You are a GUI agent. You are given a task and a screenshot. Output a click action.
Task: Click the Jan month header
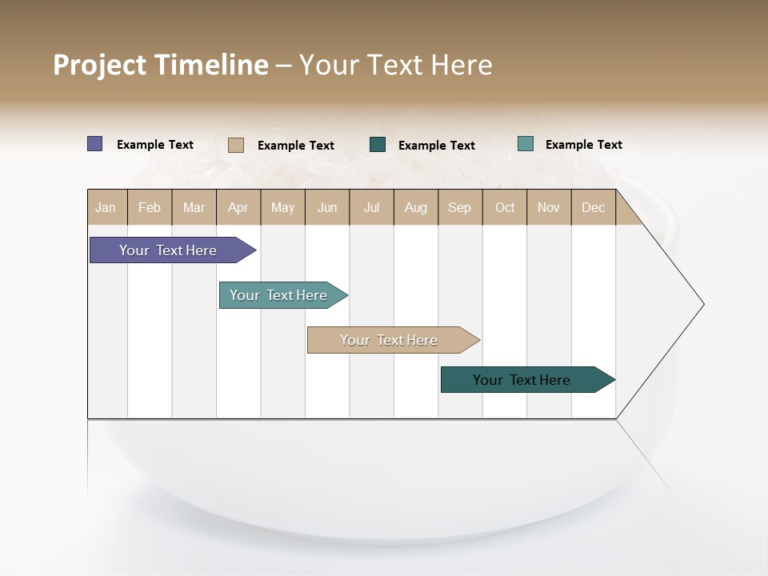tap(106, 207)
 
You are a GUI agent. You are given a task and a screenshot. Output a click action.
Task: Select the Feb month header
tap(150, 207)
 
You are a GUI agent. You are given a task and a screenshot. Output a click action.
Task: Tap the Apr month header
tap(238, 207)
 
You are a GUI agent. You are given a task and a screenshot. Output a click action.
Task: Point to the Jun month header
tap(327, 207)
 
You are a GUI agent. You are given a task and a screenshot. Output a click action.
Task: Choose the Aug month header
tap(415, 207)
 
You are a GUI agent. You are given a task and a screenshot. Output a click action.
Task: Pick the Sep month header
tap(459, 207)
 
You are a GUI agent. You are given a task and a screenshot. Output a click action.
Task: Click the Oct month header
tap(505, 207)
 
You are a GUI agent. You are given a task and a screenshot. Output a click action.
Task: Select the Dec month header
tap(593, 207)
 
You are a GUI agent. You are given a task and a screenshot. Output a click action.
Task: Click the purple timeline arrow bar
tap(168, 250)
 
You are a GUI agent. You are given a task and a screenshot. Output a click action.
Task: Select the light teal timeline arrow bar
tap(278, 295)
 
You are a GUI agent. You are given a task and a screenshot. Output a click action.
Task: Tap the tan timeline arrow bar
tap(389, 340)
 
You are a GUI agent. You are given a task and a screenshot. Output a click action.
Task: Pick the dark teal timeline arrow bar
tap(522, 380)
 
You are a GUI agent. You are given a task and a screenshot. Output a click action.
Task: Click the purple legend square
tap(95, 144)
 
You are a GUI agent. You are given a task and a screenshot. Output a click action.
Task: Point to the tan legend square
tap(235, 145)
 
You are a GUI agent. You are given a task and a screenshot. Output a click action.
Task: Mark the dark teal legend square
tap(378, 145)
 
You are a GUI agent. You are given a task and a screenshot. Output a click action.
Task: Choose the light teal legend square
tap(526, 144)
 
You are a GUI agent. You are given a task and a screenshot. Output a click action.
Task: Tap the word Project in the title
tap(100, 65)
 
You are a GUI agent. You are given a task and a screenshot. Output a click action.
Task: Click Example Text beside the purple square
tap(155, 145)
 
